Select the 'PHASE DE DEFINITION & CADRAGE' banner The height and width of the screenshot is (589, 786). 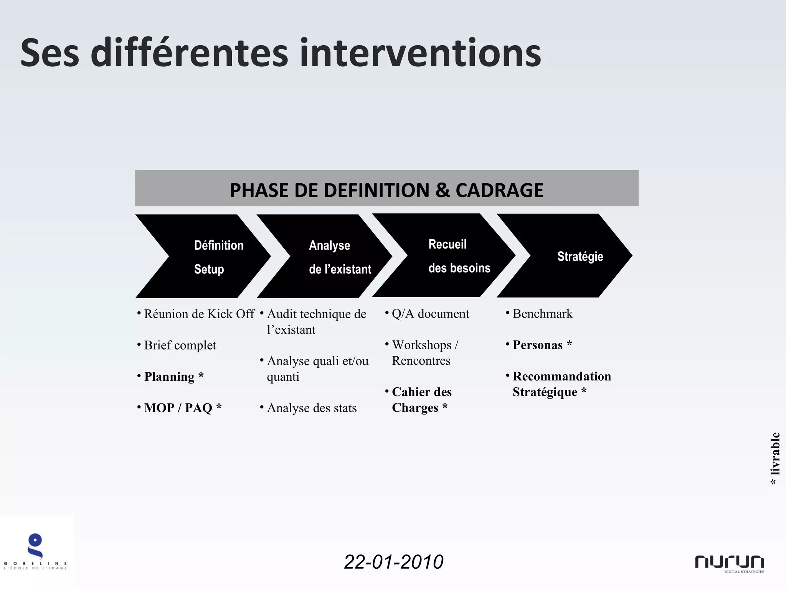(386, 189)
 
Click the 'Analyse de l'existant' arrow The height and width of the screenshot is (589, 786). (330, 256)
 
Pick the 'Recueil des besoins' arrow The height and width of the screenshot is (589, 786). (449, 255)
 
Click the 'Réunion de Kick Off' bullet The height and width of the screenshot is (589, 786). (199, 314)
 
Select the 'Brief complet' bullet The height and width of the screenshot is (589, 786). (180, 346)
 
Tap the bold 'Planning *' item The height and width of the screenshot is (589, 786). (173, 377)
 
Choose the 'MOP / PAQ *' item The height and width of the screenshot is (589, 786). (183, 408)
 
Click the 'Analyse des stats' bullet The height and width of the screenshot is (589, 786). (312, 408)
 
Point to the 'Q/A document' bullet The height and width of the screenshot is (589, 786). (430, 314)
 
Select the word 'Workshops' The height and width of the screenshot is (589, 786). (421, 345)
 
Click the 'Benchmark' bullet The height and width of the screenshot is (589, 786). (542, 314)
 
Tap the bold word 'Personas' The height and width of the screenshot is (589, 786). (537, 345)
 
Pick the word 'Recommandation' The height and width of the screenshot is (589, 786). (562, 376)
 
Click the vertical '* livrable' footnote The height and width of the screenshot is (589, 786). (775, 458)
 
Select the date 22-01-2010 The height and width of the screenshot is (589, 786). (394, 562)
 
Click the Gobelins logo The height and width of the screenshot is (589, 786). (35, 551)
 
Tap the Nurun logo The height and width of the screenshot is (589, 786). (730, 563)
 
